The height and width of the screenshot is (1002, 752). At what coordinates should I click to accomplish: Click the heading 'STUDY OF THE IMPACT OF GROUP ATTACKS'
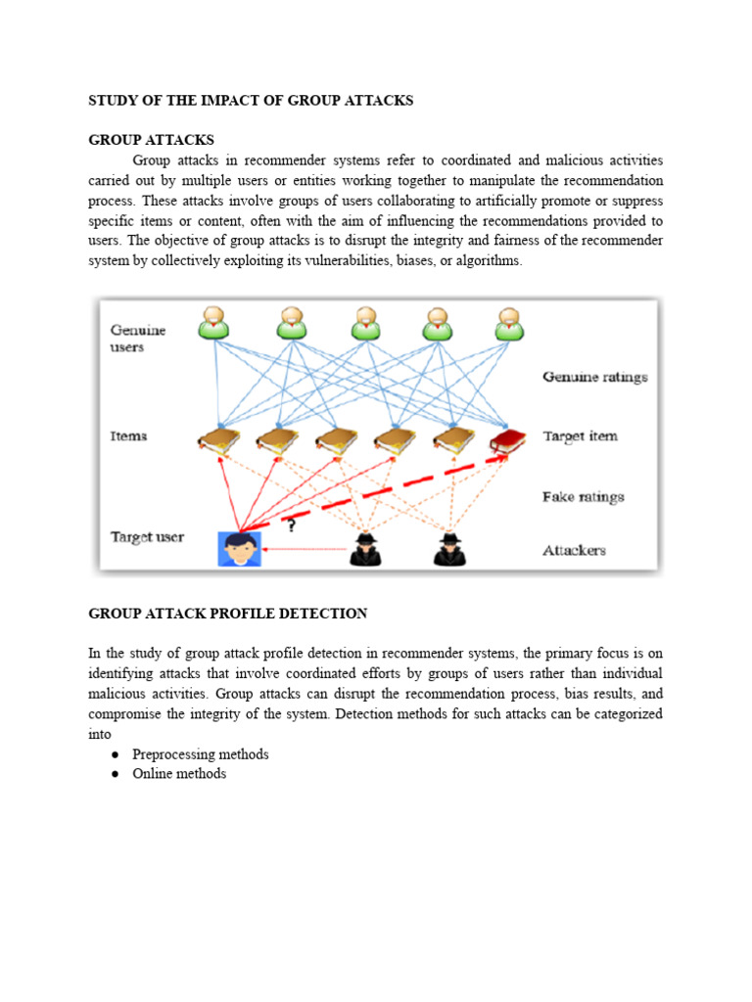click(x=251, y=101)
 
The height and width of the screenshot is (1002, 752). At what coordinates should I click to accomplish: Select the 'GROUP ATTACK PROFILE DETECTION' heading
click(x=228, y=614)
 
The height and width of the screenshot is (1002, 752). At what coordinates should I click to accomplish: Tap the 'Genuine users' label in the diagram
click(x=138, y=339)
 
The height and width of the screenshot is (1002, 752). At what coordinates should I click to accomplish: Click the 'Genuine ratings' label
click(x=594, y=377)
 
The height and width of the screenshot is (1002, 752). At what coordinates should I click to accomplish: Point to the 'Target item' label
click(x=580, y=436)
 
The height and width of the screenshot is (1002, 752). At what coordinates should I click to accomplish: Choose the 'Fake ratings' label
click(x=583, y=497)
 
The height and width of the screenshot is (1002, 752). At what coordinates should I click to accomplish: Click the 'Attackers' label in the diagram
click(x=574, y=551)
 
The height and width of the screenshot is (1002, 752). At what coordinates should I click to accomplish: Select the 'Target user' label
click(x=146, y=537)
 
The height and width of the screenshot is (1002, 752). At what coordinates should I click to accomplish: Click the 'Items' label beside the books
click(x=128, y=436)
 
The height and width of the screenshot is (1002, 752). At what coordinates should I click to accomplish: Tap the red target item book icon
click(x=507, y=441)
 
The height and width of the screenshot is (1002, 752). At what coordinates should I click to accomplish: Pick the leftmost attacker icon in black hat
click(x=365, y=549)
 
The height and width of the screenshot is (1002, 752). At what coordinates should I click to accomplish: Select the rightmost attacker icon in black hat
click(x=450, y=549)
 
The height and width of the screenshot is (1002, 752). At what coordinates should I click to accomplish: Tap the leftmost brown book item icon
click(x=217, y=441)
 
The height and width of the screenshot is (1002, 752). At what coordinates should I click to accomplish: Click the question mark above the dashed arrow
click(x=290, y=525)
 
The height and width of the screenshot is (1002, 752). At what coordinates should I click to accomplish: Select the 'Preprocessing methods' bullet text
click(x=200, y=754)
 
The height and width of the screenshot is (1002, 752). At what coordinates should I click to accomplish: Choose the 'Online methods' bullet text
click(x=179, y=774)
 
